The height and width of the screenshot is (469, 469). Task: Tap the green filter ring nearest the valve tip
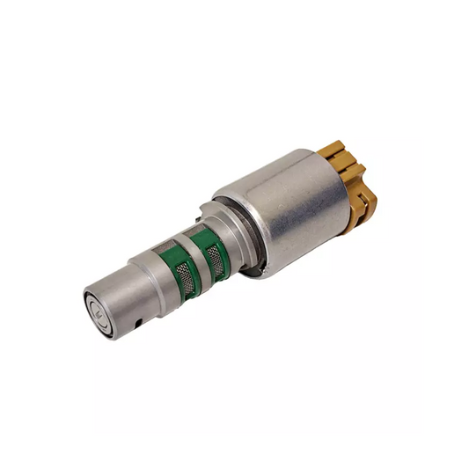(x=182, y=269)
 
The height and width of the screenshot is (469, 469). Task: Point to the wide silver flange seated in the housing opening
(x=232, y=234)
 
